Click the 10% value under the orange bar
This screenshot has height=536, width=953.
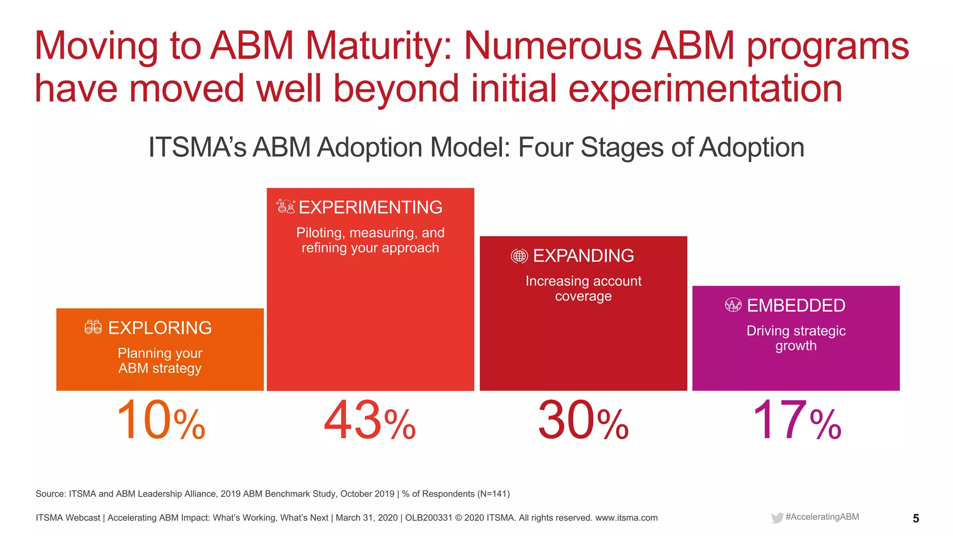tap(161, 421)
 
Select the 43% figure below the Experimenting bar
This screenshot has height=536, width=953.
tap(370, 421)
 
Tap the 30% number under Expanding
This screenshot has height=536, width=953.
tap(583, 421)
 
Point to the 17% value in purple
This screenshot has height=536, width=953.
tap(796, 421)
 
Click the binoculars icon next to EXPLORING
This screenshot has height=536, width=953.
tap(93, 327)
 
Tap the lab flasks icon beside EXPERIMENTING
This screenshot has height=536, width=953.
tap(286, 206)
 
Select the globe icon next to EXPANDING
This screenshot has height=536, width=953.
tap(519, 255)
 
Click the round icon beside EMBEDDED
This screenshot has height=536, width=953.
tap(733, 305)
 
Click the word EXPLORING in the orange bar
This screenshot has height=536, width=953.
tap(160, 328)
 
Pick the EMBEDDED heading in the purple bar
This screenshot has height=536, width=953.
tap(796, 306)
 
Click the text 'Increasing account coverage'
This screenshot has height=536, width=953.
tap(583, 288)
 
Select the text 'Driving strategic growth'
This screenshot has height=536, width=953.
tap(796, 338)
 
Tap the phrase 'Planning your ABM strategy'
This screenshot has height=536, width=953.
tap(160, 361)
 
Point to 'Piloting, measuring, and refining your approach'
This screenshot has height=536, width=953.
tap(370, 240)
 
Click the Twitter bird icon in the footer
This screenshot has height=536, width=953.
tap(777, 518)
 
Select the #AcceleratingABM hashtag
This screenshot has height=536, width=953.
tap(822, 517)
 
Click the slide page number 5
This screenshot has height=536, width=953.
tap(915, 518)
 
